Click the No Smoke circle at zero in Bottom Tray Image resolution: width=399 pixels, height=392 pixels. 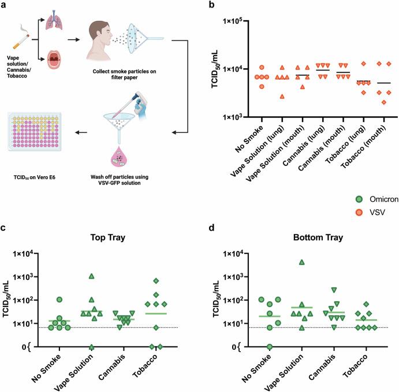[269, 346]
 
